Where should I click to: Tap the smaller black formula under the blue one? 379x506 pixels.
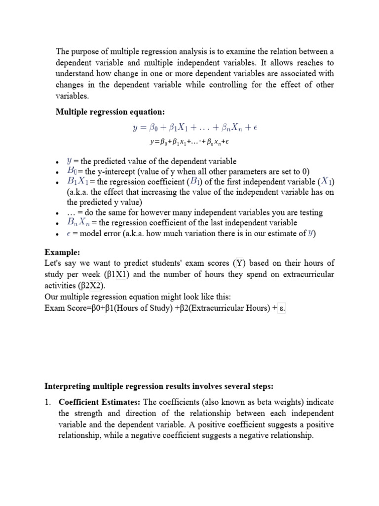(190, 142)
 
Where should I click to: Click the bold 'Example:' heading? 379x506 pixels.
(61, 252)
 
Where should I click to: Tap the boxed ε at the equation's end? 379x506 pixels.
(282, 308)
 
